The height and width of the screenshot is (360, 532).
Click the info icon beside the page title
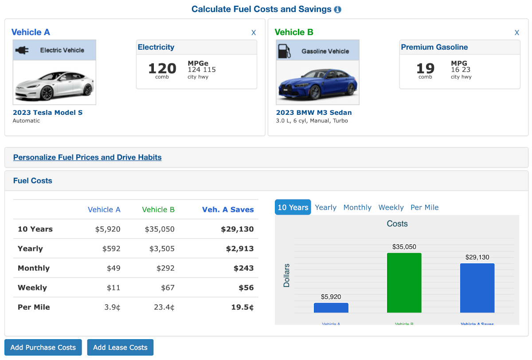338,9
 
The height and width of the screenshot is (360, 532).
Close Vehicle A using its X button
254,32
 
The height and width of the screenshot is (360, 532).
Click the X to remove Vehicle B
517,32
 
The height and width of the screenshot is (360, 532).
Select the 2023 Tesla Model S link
47,113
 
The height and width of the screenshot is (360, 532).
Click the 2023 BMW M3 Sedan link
314,113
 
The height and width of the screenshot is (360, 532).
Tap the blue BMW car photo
317,83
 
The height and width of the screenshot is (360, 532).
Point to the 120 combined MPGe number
162,68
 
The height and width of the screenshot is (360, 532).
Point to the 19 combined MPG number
425,68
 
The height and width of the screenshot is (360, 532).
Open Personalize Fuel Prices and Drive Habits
87,157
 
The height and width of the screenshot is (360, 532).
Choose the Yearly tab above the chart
325,207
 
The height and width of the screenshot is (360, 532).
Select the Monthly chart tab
357,207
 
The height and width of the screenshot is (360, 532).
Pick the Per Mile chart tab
424,207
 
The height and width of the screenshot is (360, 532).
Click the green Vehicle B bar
404,283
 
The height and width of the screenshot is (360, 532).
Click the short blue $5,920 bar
331,308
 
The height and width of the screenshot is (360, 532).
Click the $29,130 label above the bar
477,257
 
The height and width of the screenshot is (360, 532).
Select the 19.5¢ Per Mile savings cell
242,307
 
